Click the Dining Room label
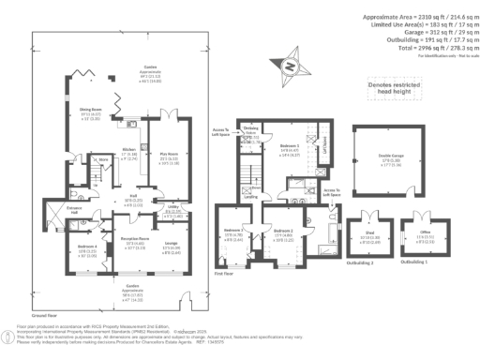(90, 112)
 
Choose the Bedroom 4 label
(85, 221)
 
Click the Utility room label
(173, 186)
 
